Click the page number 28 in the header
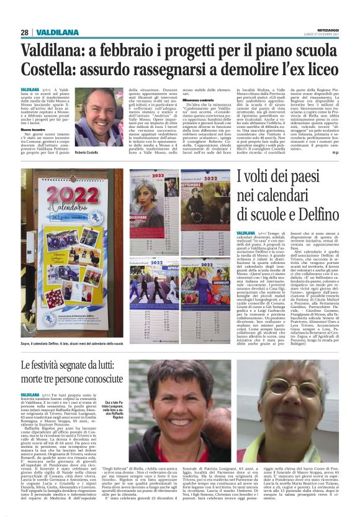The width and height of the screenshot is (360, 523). pyautogui.click(x=25, y=32)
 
